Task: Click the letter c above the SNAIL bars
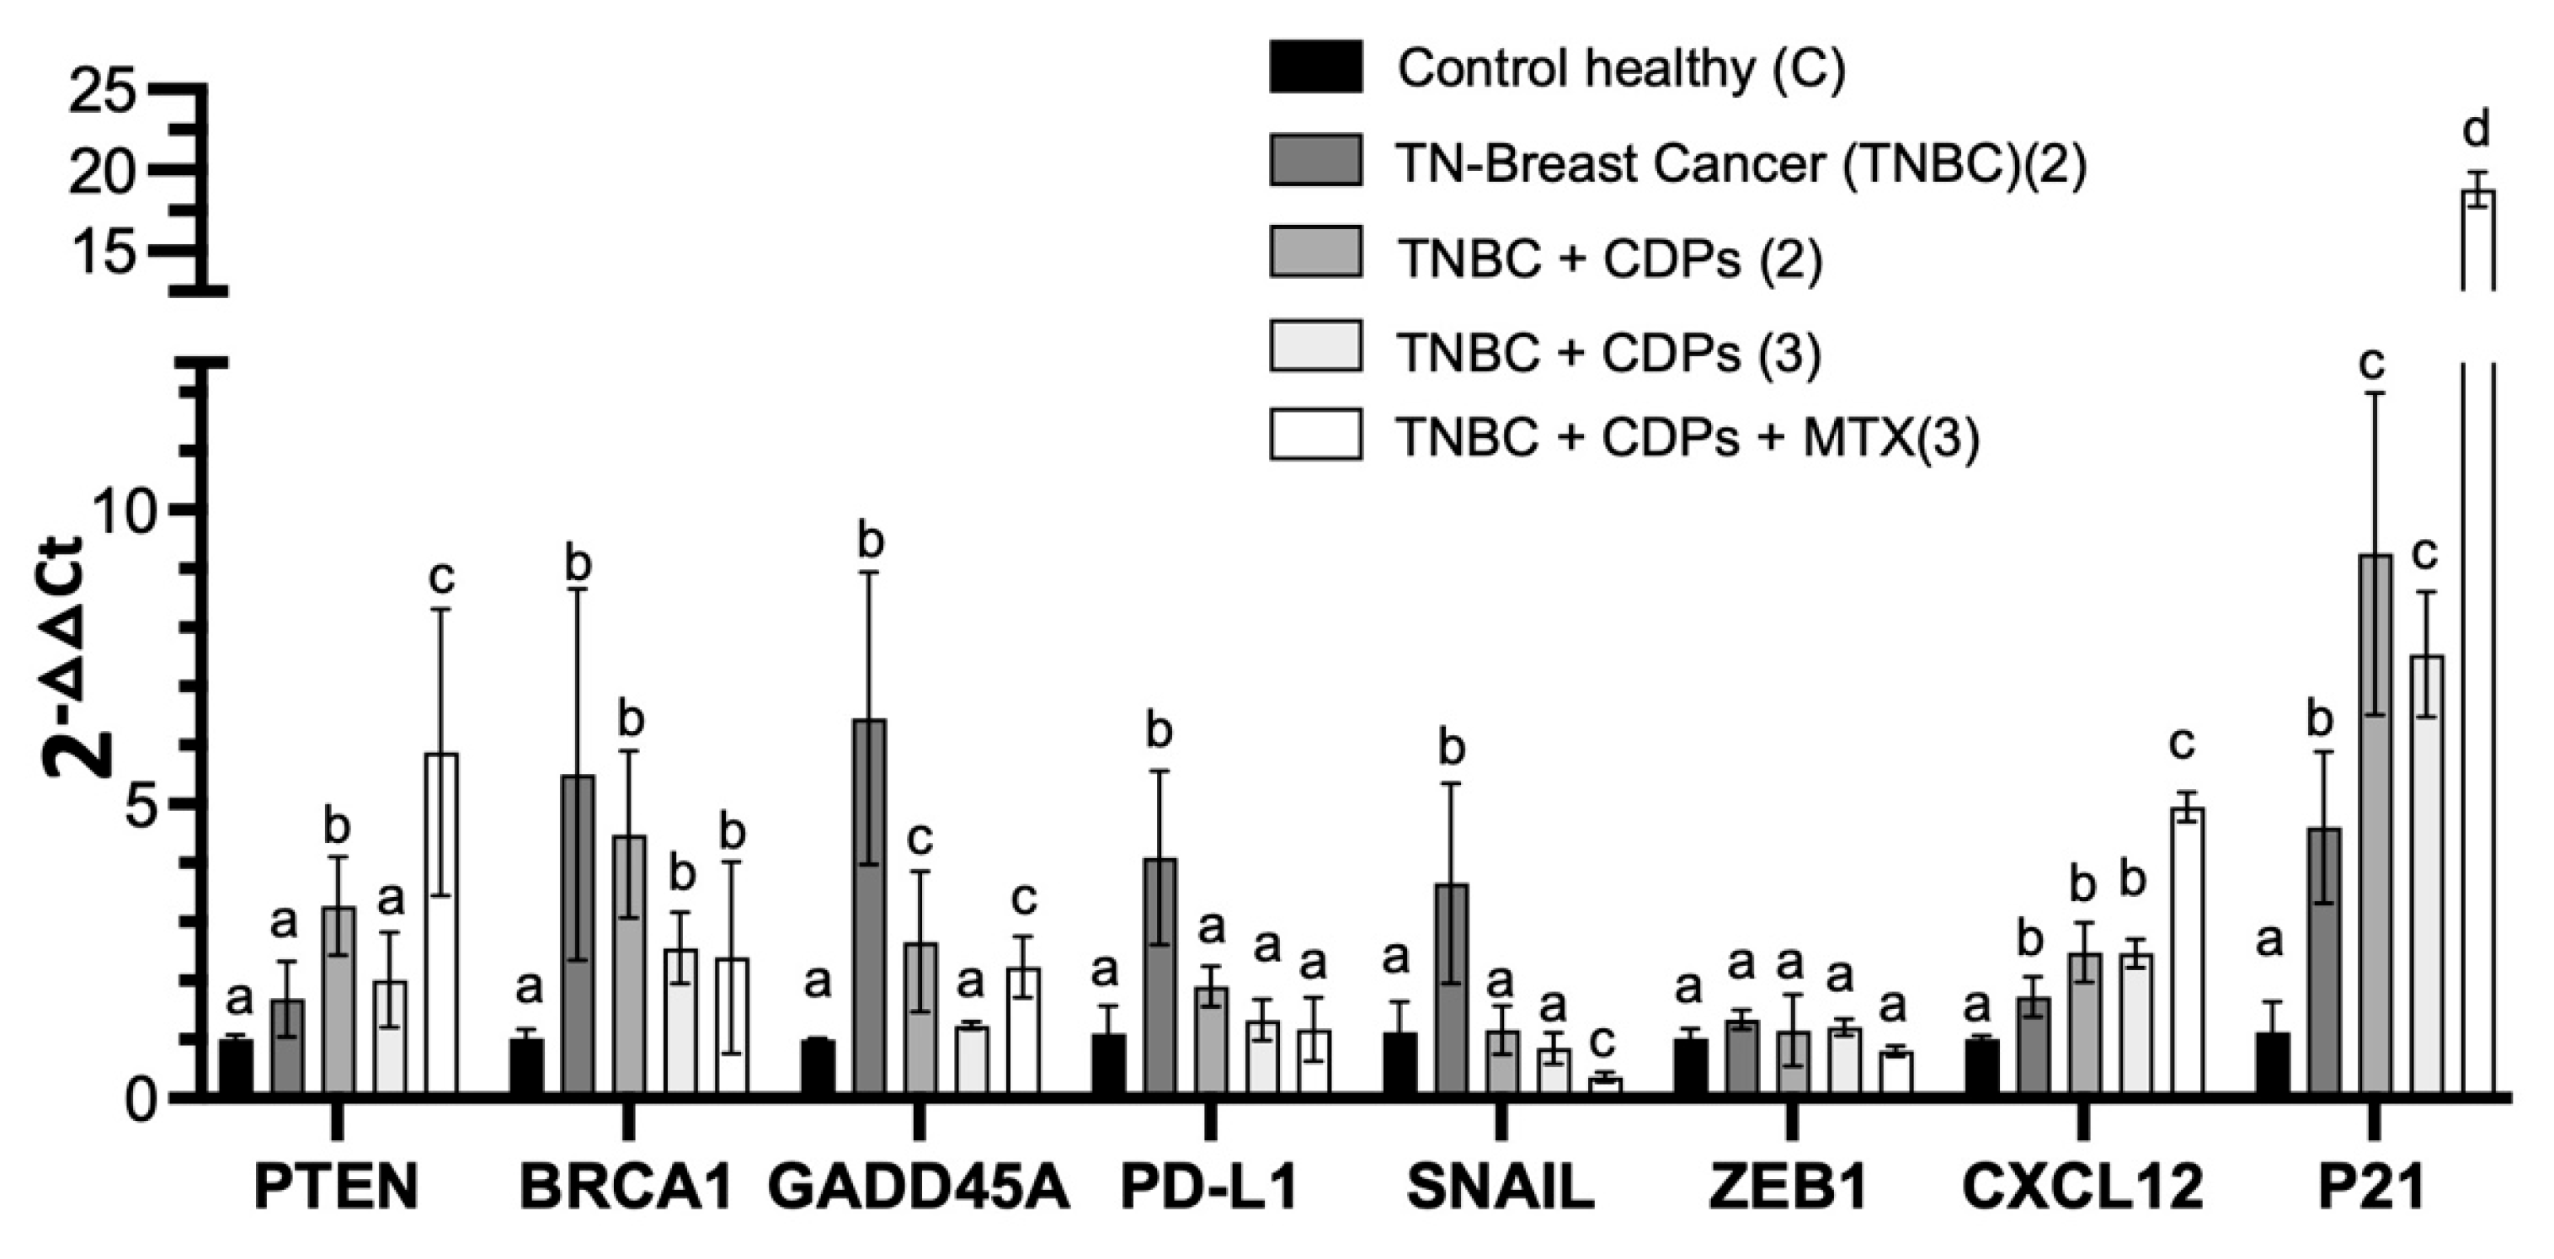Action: coord(1603,1040)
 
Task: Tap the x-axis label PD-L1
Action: coord(1208,1187)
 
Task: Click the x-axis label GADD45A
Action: coord(918,1187)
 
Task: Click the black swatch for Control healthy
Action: coord(1314,67)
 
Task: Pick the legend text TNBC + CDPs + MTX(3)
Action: coord(1687,437)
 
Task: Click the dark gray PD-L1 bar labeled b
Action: coord(1158,977)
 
